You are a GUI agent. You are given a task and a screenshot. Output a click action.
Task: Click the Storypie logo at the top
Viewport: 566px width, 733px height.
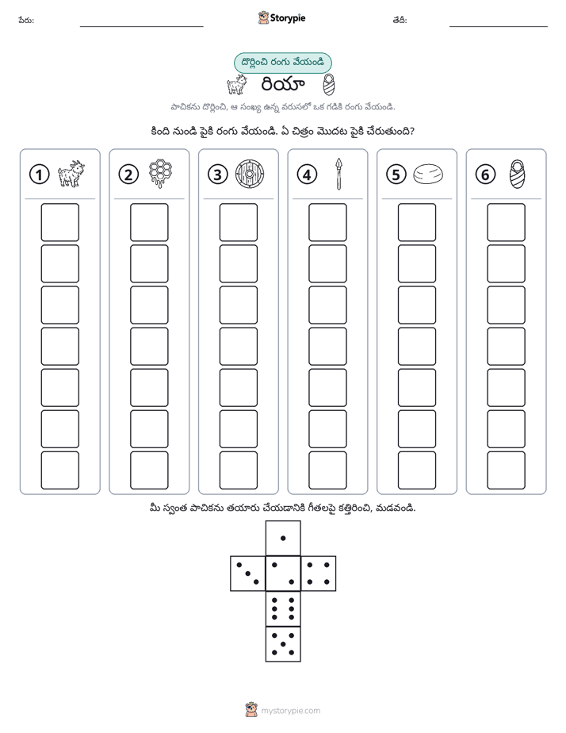click(x=281, y=18)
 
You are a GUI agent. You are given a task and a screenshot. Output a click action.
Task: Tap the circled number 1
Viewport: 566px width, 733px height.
click(x=39, y=175)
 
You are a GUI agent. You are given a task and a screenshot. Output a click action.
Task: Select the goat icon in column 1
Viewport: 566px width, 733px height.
click(x=71, y=174)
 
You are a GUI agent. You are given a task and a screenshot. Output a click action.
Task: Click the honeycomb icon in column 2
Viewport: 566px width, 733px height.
click(x=160, y=174)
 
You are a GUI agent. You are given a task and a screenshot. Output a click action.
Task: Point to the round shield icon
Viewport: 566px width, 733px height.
click(x=250, y=175)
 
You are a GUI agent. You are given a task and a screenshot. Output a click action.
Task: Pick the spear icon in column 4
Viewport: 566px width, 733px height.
click(x=339, y=174)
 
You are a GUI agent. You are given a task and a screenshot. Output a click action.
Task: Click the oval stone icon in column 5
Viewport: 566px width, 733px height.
click(x=428, y=174)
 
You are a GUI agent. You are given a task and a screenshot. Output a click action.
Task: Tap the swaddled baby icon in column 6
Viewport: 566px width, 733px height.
click(x=517, y=174)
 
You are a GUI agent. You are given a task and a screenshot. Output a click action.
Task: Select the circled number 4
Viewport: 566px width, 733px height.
click(x=307, y=175)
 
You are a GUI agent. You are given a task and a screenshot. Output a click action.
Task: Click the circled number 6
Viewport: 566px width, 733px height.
click(x=485, y=175)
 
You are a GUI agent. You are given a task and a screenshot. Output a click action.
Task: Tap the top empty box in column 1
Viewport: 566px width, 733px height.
click(x=59, y=222)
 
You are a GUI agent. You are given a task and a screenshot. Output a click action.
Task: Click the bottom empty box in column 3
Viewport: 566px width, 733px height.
click(x=238, y=470)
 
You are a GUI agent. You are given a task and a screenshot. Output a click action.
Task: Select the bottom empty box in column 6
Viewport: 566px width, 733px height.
click(x=507, y=470)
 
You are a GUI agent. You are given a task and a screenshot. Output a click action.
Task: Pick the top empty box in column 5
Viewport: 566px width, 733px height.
click(x=417, y=222)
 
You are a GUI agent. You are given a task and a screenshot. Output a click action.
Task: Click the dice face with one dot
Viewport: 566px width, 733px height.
click(x=283, y=538)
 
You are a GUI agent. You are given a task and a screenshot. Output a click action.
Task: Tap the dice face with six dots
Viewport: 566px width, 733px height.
click(x=283, y=608)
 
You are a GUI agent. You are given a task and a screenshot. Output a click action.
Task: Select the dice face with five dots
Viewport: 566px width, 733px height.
click(x=283, y=644)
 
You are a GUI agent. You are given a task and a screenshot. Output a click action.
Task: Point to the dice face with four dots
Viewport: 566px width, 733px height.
click(x=319, y=574)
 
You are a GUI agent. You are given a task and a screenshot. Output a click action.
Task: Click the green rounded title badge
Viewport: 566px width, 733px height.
click(x=282, y=63)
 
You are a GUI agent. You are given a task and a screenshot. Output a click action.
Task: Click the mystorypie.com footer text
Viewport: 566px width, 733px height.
click(x=290, y=711)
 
